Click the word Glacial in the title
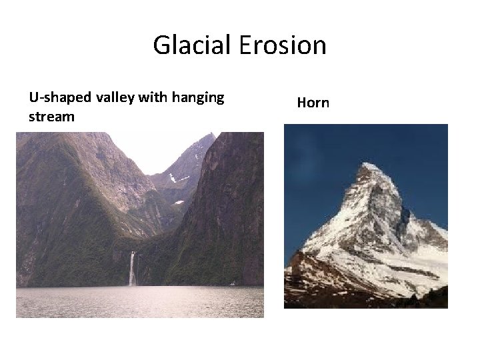coord(193,45)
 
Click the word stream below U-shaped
coord(51,117)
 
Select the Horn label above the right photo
coord(313,103)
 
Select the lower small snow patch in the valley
coord(178,202)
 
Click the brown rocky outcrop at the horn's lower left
coord(300,270)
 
